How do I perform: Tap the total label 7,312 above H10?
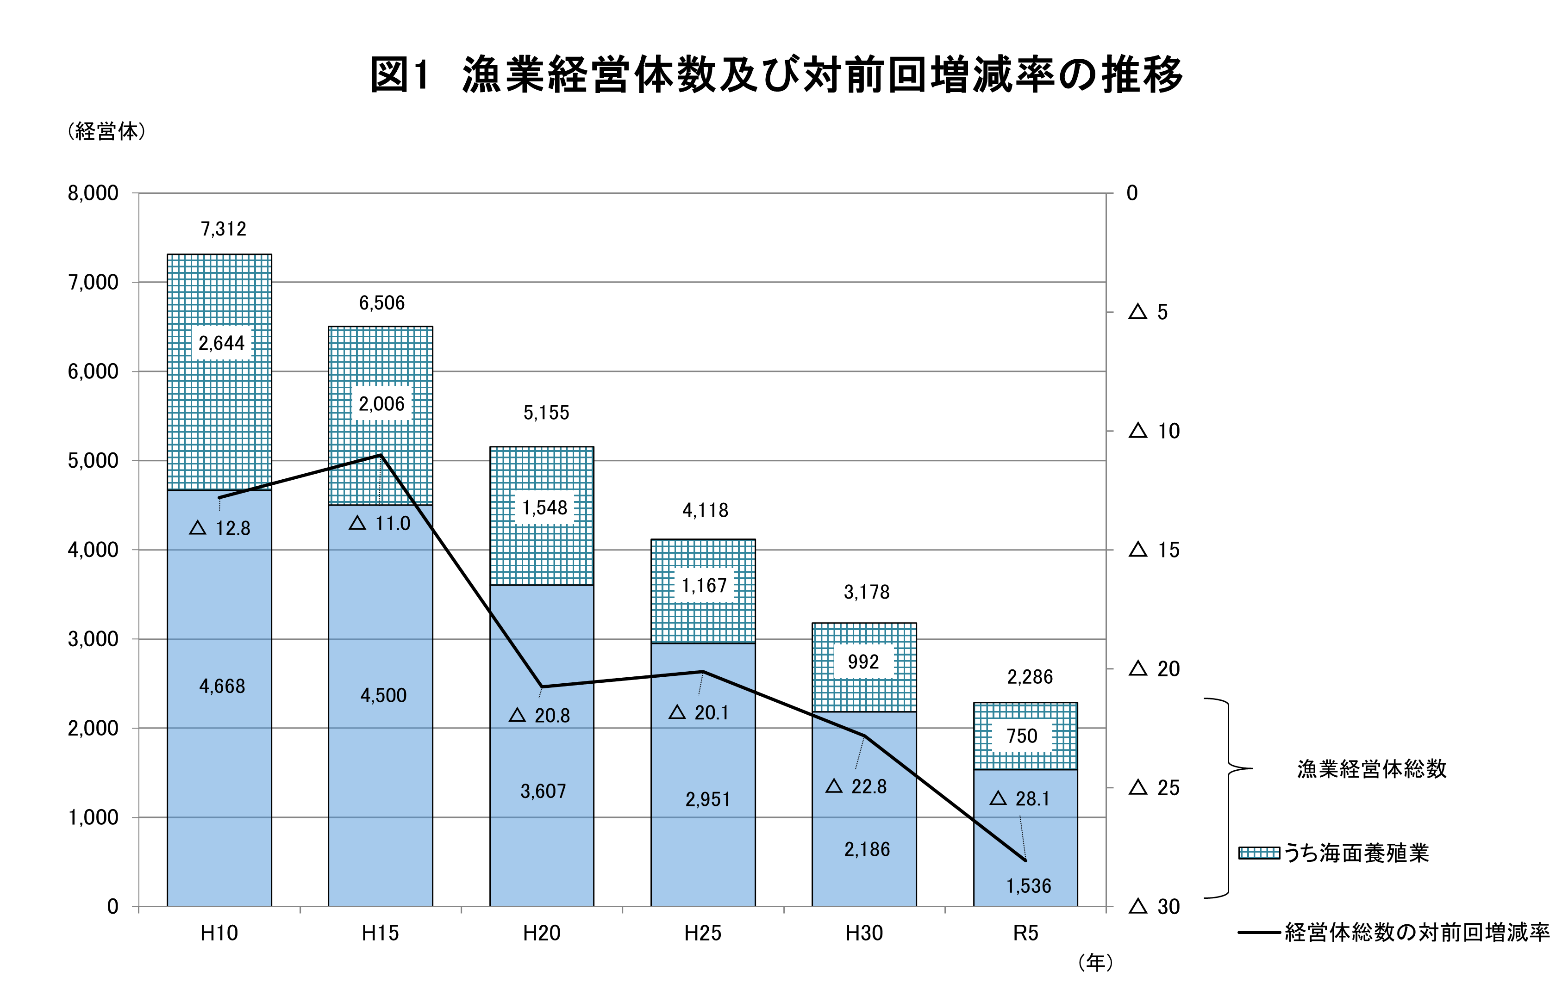tap(223, 229)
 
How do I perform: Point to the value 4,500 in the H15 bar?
tap(383, 696)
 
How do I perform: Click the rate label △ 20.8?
tap(540, 716)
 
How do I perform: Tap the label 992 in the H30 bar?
tap(863, 662)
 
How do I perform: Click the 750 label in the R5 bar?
tap(1022, 736)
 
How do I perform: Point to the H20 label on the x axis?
tap(541, 933)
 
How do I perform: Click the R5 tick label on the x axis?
tap(1025, 933)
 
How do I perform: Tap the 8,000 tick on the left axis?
tap(93, 193)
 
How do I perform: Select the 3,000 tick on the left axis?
tap(93, 639)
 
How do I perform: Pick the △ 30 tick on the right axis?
tap(1155, 906)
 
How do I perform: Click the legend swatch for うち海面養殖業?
tap(1259, 853)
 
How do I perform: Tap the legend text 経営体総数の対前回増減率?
tap(1417, 933)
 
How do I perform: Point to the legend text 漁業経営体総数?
tap(1371, 769)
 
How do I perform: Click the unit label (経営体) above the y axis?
tap(106, 131)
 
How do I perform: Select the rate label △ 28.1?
tap(1020, 798)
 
